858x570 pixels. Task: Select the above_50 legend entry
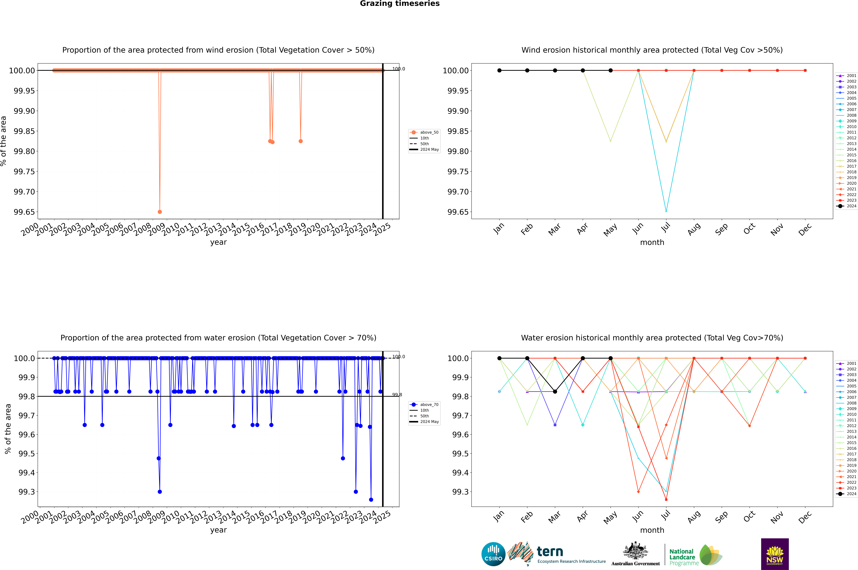point(424,132)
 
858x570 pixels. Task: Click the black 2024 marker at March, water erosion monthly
point(555,392)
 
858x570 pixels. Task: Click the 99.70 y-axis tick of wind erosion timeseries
point(24,192)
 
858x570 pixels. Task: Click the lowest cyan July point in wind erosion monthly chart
point(666,211)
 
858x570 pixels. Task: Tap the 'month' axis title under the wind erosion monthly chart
point(652,243)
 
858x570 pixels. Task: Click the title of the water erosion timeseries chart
point(218,338)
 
